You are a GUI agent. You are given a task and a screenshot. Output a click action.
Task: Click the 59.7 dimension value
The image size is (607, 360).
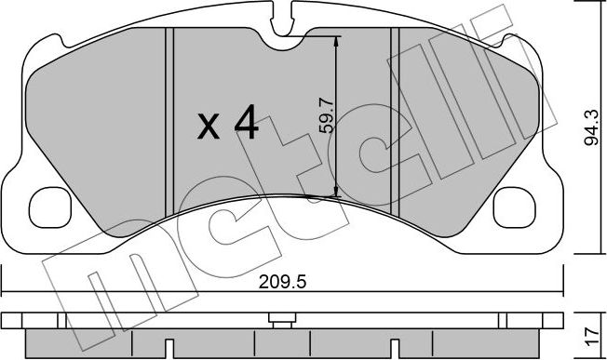[324, 116]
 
